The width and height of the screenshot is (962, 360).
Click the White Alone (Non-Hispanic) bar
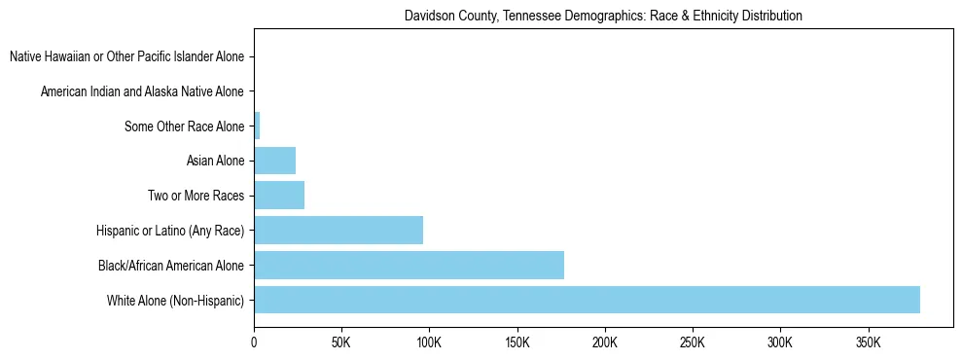(x=587, y=300)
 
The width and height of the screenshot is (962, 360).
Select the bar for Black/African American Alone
(x=409, y=265)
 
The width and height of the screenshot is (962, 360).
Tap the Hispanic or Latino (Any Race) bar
(x=338, y=230)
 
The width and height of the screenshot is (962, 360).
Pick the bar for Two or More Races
(x=279, y=195)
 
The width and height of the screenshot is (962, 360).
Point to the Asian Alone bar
(x=274, y=161)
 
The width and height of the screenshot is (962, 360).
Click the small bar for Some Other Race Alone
(x=257, y=126)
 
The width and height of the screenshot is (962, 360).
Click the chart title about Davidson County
(x=603, y=17)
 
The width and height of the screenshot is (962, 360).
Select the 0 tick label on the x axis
(x=254, y=343)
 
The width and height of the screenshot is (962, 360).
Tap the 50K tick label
(x=340, y=343)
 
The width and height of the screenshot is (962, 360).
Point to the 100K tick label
(x=429, y=343)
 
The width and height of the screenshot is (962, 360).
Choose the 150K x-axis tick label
(x=517, y=343)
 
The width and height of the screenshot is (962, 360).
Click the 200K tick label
(x=604, y=343)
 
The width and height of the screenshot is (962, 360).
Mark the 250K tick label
(x=692, y=343)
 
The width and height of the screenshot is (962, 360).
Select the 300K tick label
(x=779, y=343)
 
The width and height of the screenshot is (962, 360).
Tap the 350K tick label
(x=868, y=343)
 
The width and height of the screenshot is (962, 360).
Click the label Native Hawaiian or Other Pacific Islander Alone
(x=126, y=57)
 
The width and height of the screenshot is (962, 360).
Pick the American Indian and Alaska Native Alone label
(x=142, y=91)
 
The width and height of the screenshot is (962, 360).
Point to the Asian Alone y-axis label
(x=215, y=161)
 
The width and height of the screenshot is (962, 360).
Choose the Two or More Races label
(x=196, y=196)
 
